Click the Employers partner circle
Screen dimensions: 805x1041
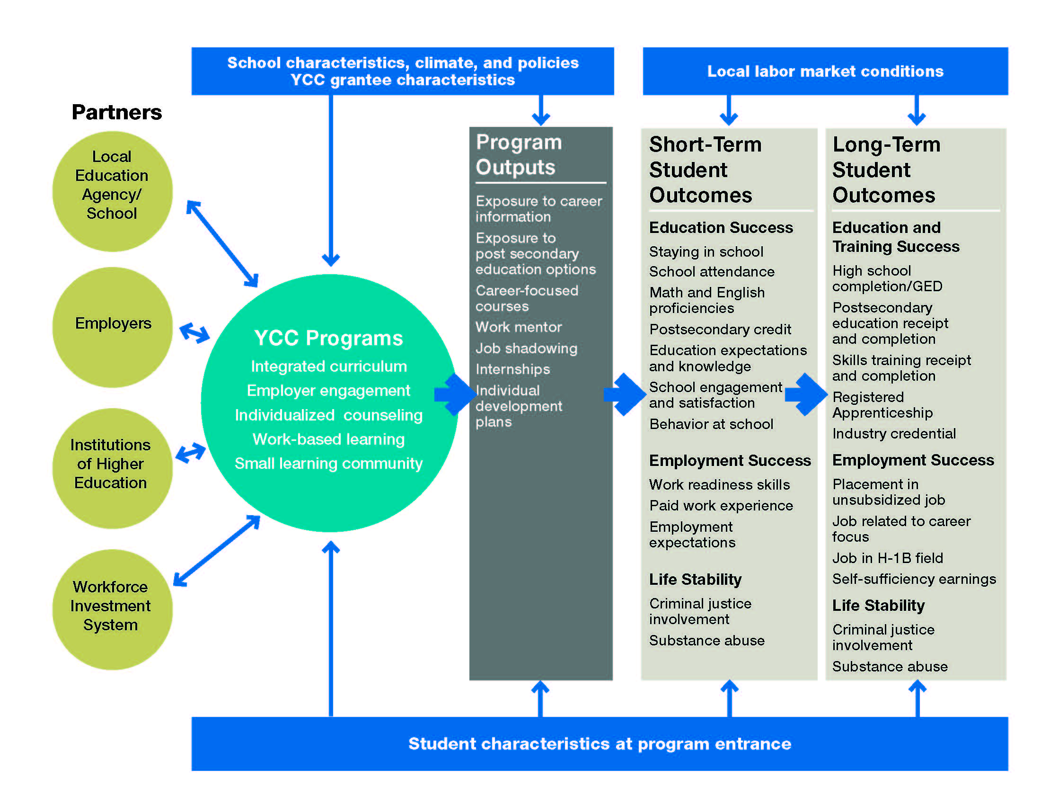point(113,327)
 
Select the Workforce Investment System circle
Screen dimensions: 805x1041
point(113,609)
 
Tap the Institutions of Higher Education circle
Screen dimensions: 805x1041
point(113,468)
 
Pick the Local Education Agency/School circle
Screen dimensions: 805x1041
point(113,191)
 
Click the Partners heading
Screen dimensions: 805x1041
point(117,113)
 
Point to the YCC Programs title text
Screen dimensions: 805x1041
point(328,338)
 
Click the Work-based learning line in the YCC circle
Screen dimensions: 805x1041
point(328,439)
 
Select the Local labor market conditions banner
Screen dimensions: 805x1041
point(825,72)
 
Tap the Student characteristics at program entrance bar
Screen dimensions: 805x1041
point(599,743)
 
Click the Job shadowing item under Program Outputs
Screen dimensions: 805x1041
point(526,349)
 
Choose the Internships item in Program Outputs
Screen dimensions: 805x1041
point(513,370)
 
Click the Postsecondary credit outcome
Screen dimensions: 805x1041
point(720,330)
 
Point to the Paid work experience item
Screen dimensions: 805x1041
point(721,506)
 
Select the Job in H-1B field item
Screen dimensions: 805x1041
point(888,558)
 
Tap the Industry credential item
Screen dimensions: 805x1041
point(894,434)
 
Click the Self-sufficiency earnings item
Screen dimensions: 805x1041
point(914,580)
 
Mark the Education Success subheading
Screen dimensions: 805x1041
point(721,228)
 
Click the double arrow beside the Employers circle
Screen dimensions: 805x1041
point(194,333)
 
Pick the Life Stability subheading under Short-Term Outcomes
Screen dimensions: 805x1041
point(695,580)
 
